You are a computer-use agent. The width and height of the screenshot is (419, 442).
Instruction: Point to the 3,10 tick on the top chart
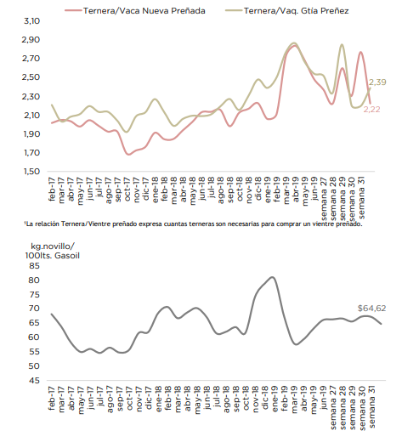pyautogui.click(x=31, y=20)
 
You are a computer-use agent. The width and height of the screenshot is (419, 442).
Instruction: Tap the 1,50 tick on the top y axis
pyautogui.click(x=31, y=171)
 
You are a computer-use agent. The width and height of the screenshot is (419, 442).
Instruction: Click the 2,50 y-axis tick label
pyautogui.click(x=31, y=77)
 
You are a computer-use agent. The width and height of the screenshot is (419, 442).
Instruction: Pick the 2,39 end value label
pyautogui.click(x=377, y=82)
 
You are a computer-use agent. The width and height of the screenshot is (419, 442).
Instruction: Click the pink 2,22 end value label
pyautogui.click(x=371, y=110)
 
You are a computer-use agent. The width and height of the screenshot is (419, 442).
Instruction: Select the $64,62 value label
pyautogui.click(x=371, y=309)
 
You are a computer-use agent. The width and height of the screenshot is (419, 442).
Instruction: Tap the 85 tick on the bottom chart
pyautogui.click(x=34, y=266)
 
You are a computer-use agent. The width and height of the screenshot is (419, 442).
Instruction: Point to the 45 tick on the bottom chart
pyautogui.click(x=34, y=381)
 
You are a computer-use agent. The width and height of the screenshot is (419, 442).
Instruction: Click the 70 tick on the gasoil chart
pyautogui.click(x=34, y=309)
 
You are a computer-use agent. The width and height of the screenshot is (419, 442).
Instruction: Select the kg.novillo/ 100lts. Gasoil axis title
pyautogui.click(x=53, y=251)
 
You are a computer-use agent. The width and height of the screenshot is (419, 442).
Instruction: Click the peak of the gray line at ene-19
pyautogui.click(x=272, y=277)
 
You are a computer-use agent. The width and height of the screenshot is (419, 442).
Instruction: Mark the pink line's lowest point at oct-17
pyautogui.click(x=128, y=155)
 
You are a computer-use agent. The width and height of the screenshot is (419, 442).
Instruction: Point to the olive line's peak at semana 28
pyautogui.click(x=342, y=44)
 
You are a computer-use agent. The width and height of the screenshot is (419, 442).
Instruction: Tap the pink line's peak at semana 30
pyautogui.click(x=360, y=52)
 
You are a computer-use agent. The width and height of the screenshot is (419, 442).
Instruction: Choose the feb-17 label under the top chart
pyautogui.click(x=53, y=190)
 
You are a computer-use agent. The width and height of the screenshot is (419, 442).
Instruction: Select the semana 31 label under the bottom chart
pyautogui.click(x=372, y=408)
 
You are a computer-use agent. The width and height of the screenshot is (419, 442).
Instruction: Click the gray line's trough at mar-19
pyautogui.click(x=296, y=344)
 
